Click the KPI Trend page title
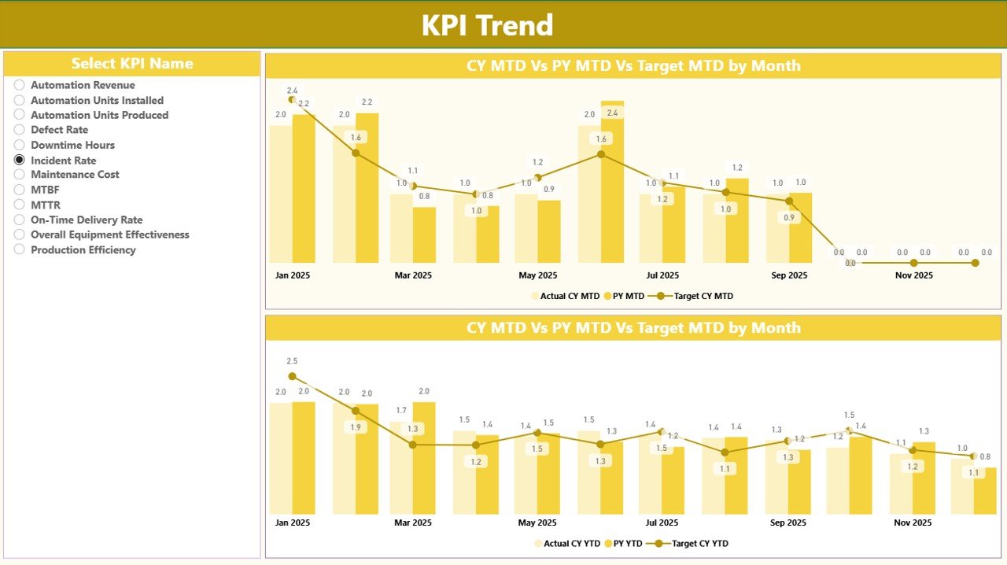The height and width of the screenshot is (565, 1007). pos(487,25)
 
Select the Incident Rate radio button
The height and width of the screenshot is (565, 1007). pos(20,160)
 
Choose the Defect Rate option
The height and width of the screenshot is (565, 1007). pos(20,130)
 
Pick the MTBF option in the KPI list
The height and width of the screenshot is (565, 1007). pos(20,190)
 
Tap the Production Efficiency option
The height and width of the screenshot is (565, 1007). pos(20,249)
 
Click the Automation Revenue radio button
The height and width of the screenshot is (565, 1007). pos(20,85)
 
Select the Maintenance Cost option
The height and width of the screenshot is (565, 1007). pos(20,175)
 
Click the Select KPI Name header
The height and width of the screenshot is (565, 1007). pos(132,64)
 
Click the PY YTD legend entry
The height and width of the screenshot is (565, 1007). pos(624,543)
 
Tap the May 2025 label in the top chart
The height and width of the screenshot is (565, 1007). pos(537,275)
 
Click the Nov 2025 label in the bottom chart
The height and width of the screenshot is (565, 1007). pos(913,523)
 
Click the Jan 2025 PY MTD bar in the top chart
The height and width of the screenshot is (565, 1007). pos(304,189)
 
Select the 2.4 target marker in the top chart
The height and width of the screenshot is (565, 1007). pos(292,100)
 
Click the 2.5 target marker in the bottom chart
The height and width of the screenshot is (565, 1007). pos(292,376)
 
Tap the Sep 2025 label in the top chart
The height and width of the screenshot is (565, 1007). pos(788,275)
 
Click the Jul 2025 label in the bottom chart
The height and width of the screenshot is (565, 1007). pos(662,523)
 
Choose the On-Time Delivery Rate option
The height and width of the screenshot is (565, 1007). pos(20,220)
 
